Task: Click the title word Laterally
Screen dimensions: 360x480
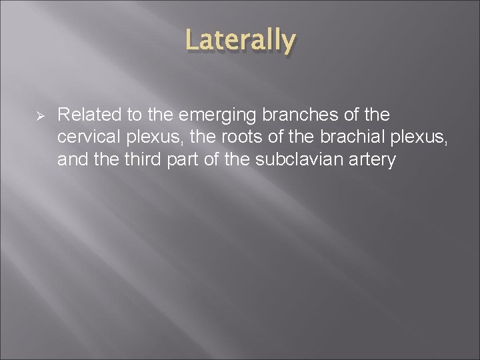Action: [x=240, y=40]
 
